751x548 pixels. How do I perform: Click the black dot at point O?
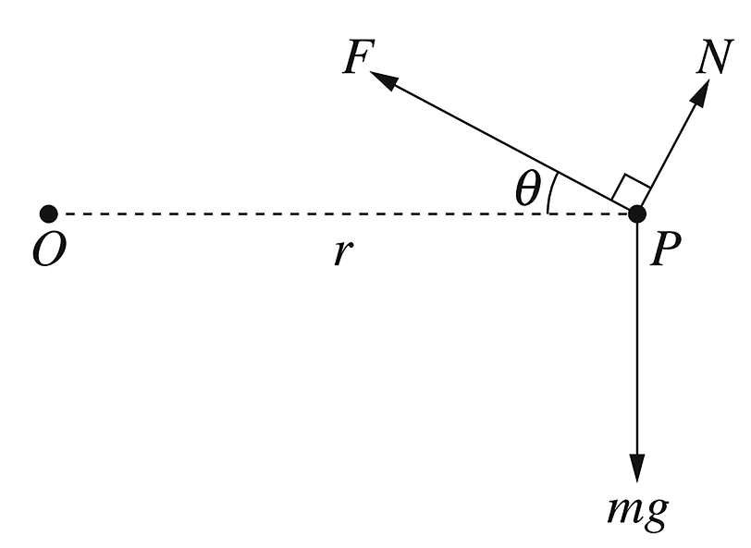[50, 214]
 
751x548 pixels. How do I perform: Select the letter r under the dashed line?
[342, 251]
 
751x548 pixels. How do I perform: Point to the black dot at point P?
[637, 214]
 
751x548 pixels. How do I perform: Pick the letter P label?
[664, 250]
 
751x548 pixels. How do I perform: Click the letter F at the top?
[356, 57]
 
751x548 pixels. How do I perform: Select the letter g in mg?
[653, 515]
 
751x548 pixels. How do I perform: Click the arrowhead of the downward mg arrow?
[637, 467]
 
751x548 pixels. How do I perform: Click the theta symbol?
[527, 189]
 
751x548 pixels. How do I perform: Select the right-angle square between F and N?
[632, 189]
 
